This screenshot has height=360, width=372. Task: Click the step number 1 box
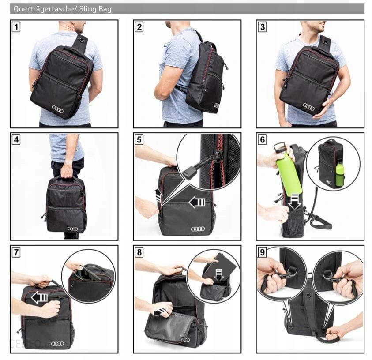point(16,27)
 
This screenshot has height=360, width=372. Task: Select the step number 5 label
point(139,139)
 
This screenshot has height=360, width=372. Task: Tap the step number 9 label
point(262,252)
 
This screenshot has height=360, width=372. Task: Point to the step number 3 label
point(262,27)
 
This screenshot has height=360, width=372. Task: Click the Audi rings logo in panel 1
point(58,109)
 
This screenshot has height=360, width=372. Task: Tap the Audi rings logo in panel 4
point(73,229)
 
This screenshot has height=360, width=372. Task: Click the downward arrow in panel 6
point(294,202)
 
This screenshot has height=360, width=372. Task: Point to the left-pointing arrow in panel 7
point(40,298)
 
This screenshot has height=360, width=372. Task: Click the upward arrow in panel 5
point(158,195)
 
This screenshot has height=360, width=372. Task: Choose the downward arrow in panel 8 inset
point(219,274)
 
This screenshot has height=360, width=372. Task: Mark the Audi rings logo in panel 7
point(57,343)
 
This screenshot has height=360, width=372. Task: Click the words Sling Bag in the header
point(95,9)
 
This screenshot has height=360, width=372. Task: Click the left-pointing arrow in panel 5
point(197,202)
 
